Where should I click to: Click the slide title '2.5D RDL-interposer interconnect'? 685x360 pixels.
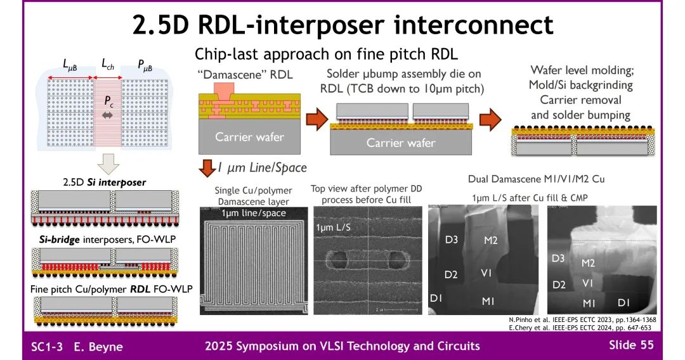(x=342, y=25)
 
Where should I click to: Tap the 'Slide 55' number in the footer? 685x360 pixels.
(x=631, y=345)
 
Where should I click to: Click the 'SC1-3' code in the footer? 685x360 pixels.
(x=47, y=346)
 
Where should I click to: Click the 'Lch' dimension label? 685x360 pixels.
(x=110, y=63)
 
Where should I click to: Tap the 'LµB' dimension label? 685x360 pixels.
(x=72, y=63)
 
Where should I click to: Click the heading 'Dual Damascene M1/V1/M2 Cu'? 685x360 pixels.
(x=536, y=179)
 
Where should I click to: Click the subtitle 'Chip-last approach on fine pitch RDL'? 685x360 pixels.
(x=326, y=54)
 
